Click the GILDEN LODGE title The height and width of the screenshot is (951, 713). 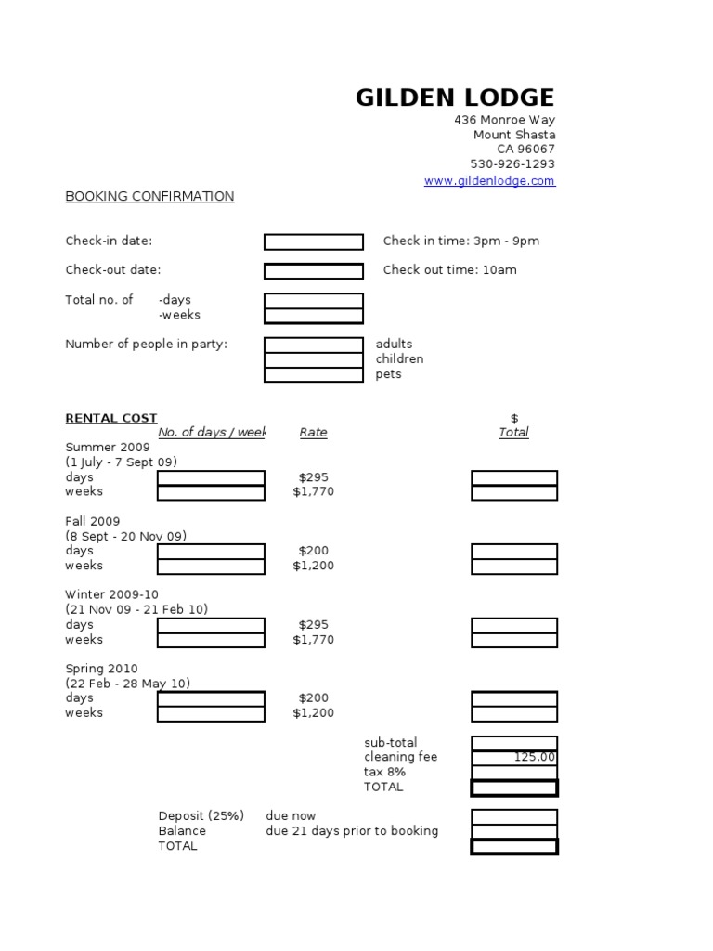[x=455, y=98]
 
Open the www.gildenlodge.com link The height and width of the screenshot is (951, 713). [x=489, y=181]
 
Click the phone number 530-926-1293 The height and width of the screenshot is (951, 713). [x=512, y=164]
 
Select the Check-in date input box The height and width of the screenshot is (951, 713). [x=314, y=242]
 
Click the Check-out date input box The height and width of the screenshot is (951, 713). [x=314, y=271]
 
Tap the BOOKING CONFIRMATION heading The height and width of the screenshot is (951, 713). [x=149, y=197]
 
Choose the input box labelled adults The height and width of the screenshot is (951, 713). [x=314, y=345]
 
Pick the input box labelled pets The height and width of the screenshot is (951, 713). [x=314, y=375]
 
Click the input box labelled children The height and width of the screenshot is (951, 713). [x=314, y=360]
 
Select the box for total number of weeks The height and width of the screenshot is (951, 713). [x=314, y=316]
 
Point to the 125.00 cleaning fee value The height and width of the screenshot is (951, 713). [x=535, y=758]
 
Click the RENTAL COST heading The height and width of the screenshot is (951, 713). [x=111, y=419]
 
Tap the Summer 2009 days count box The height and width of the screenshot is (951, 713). [x=211, y=478]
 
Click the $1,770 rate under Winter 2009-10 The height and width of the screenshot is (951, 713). [x=314, y=640]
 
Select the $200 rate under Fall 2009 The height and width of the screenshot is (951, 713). [x=314, y=551]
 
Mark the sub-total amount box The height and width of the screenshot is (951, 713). [x=514, y=743]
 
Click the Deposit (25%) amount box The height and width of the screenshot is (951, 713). [x=514, y=817]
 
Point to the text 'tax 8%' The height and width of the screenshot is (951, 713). [x=384, y=773]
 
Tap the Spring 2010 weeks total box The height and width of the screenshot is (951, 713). [x=514, y=714]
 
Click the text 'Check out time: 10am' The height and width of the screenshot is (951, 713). [x=450, y=270]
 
